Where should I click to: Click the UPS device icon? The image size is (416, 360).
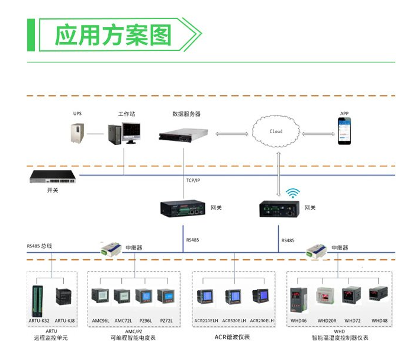(78, 133)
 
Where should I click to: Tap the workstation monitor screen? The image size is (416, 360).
(131, 131)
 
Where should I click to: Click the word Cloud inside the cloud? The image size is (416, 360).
(276, 131)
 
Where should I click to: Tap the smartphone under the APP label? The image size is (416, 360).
(344, 131)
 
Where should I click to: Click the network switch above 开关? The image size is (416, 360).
(53, 177)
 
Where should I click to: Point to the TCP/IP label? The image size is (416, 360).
(193, 180)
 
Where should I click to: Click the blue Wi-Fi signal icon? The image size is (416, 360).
(293, 193)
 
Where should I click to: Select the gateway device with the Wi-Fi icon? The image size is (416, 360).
(279, 209)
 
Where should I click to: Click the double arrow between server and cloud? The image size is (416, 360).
(232, 134)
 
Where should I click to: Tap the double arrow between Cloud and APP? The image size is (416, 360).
(318, 134)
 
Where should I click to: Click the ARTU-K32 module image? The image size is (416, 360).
(37, 301)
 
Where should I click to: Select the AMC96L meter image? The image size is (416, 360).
(100, 295)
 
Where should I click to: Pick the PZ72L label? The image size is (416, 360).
(166, 321)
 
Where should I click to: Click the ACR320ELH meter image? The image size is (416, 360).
(233, 297)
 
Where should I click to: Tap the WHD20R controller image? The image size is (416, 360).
(326, 296)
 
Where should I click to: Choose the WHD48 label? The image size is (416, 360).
(379, 321)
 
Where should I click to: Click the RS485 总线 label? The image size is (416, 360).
(39, 246)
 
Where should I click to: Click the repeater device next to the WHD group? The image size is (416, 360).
(317, 250)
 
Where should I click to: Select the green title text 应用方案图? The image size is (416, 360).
(113, 35)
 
